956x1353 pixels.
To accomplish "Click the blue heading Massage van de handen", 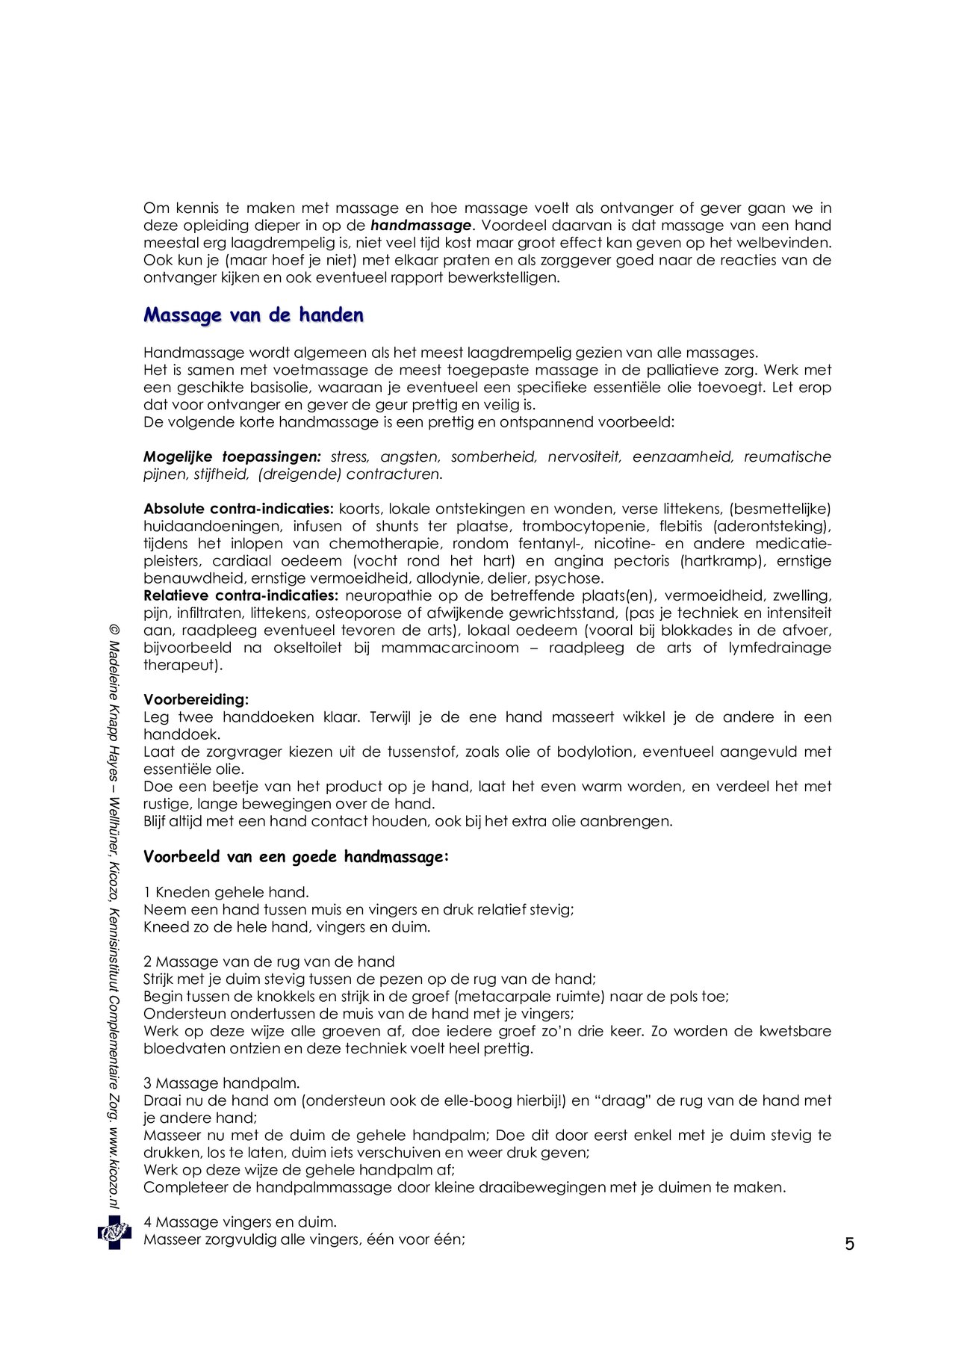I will tap(253, 315).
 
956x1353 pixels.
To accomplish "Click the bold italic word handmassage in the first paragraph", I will tap(421, 226).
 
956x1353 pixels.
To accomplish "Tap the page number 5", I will tap(849, 1245).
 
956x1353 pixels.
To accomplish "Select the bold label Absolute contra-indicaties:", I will tap(238, 509).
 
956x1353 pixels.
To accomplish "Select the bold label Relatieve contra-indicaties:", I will tap(241, 595).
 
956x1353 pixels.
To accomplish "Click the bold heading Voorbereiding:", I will tap(196, 700).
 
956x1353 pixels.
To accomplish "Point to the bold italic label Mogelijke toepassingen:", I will tap(232, 456).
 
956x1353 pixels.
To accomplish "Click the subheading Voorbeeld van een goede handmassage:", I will tap(296, 857).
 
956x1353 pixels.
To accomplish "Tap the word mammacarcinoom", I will tap(450, 648).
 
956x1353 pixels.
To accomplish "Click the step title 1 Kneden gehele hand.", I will tap(226, 892).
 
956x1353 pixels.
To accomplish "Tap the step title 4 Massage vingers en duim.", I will tap(240, 1222).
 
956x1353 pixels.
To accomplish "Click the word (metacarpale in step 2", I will tap(495, 997).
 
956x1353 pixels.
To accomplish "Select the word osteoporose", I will tap(359, 613).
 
